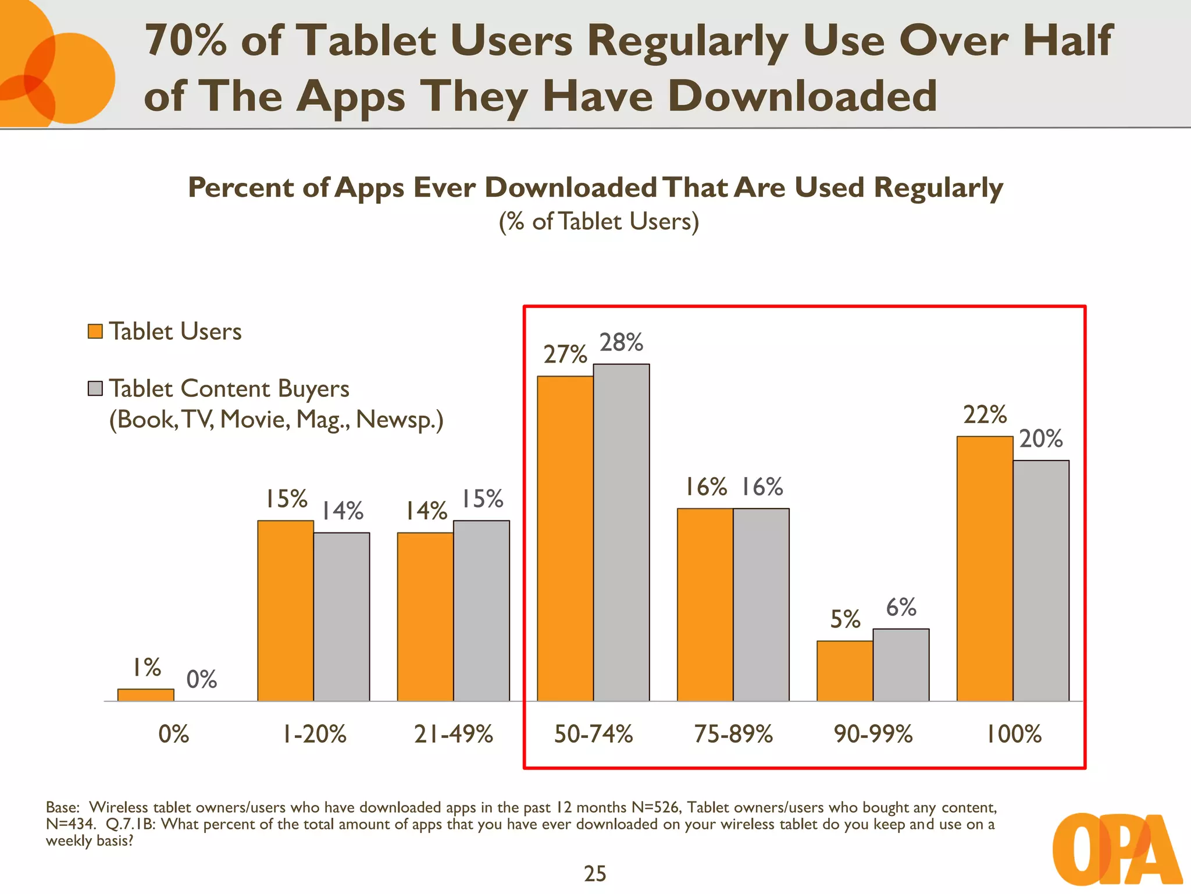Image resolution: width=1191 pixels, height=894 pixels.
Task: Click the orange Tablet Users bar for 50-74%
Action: coord(565,538)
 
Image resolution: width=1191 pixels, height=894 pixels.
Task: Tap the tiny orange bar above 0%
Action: coord(145,695)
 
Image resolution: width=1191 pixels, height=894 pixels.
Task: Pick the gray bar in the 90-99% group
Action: coord(901,665)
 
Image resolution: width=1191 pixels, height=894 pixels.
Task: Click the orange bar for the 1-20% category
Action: coord(285,611)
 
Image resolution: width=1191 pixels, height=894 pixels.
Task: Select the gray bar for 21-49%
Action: coord(482,611)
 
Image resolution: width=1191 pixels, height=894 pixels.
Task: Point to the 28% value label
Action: coord(621,343)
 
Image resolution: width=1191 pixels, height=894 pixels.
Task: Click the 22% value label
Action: coord(985,415)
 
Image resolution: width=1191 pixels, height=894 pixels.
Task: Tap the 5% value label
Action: coord(844,619)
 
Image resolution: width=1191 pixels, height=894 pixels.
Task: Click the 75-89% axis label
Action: coord(733,735)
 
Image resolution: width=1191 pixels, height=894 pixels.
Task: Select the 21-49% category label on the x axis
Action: coord(454,735)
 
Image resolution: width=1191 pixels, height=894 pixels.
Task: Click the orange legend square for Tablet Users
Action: coord(95,331)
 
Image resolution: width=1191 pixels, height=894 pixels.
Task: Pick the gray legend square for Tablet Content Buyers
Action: coord(95,388)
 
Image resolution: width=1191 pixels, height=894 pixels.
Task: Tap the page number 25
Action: coord(595,874)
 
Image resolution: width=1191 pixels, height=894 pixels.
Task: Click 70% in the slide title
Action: coord(186,41)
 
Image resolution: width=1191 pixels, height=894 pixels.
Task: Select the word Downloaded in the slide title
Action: coord(803,96)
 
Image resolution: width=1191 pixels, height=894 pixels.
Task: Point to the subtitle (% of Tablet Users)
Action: coord(598,222)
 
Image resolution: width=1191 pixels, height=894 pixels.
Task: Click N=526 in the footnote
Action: coord(655,808)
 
